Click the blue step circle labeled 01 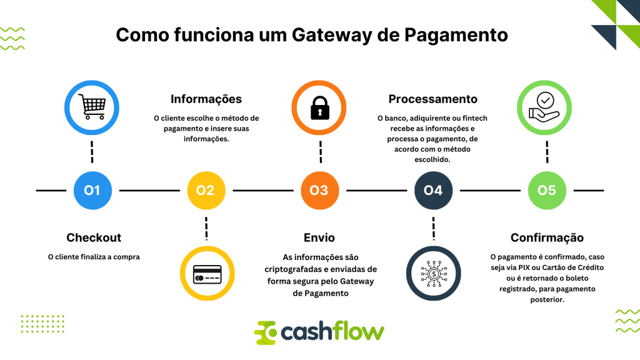tap(92, 190)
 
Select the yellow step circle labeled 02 tap(206, 190)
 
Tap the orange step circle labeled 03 tap(319, 190)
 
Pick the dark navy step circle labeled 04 tap(433, 190)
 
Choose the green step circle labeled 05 tap(547, 190)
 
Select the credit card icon tap(206, 274)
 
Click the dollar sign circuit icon tap(433, 274)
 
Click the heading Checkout tap(94, 237)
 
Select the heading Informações tap(206, 99)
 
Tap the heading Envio tap(319, 237)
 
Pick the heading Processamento tap(432, 99)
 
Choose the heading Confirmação tap(547, 237)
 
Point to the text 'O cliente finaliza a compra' tap(94, 256)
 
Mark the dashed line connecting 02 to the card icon tap(206, 228)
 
